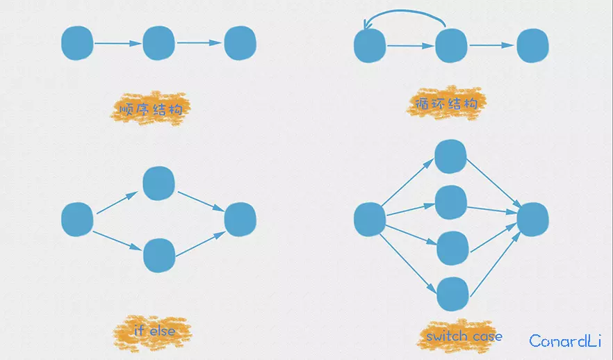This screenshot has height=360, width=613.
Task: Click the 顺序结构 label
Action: click(151, 109)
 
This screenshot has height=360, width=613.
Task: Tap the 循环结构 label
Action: click(446, 104)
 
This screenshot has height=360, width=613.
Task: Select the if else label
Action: click(154, 331)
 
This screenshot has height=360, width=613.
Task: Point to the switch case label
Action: click(464, 336)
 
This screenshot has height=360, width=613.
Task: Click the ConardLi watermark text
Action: click(565, 341)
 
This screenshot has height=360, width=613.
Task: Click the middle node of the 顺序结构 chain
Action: click(158, 43)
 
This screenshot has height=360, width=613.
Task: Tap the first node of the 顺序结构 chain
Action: click(77, 43)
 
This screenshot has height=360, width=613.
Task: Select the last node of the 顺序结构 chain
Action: click(240, 43)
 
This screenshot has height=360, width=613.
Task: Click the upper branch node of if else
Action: click(158, 183)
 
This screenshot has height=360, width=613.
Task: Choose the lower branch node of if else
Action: click(159, 255)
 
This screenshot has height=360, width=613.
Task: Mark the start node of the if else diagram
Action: click(77, 220)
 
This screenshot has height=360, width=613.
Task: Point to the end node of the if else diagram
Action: click(240, 220)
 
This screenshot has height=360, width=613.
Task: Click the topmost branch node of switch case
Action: click(450, 156)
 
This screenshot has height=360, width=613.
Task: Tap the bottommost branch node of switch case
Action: click(452, 294)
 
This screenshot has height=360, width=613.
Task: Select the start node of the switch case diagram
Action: click(370, 220)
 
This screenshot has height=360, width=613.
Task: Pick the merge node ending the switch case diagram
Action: click(532, 220)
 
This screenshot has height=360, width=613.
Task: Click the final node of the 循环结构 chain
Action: click(532, 45)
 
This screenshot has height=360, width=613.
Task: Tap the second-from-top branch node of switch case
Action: click(451, 202)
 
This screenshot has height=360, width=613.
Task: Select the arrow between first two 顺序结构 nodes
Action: click(117, 43)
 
